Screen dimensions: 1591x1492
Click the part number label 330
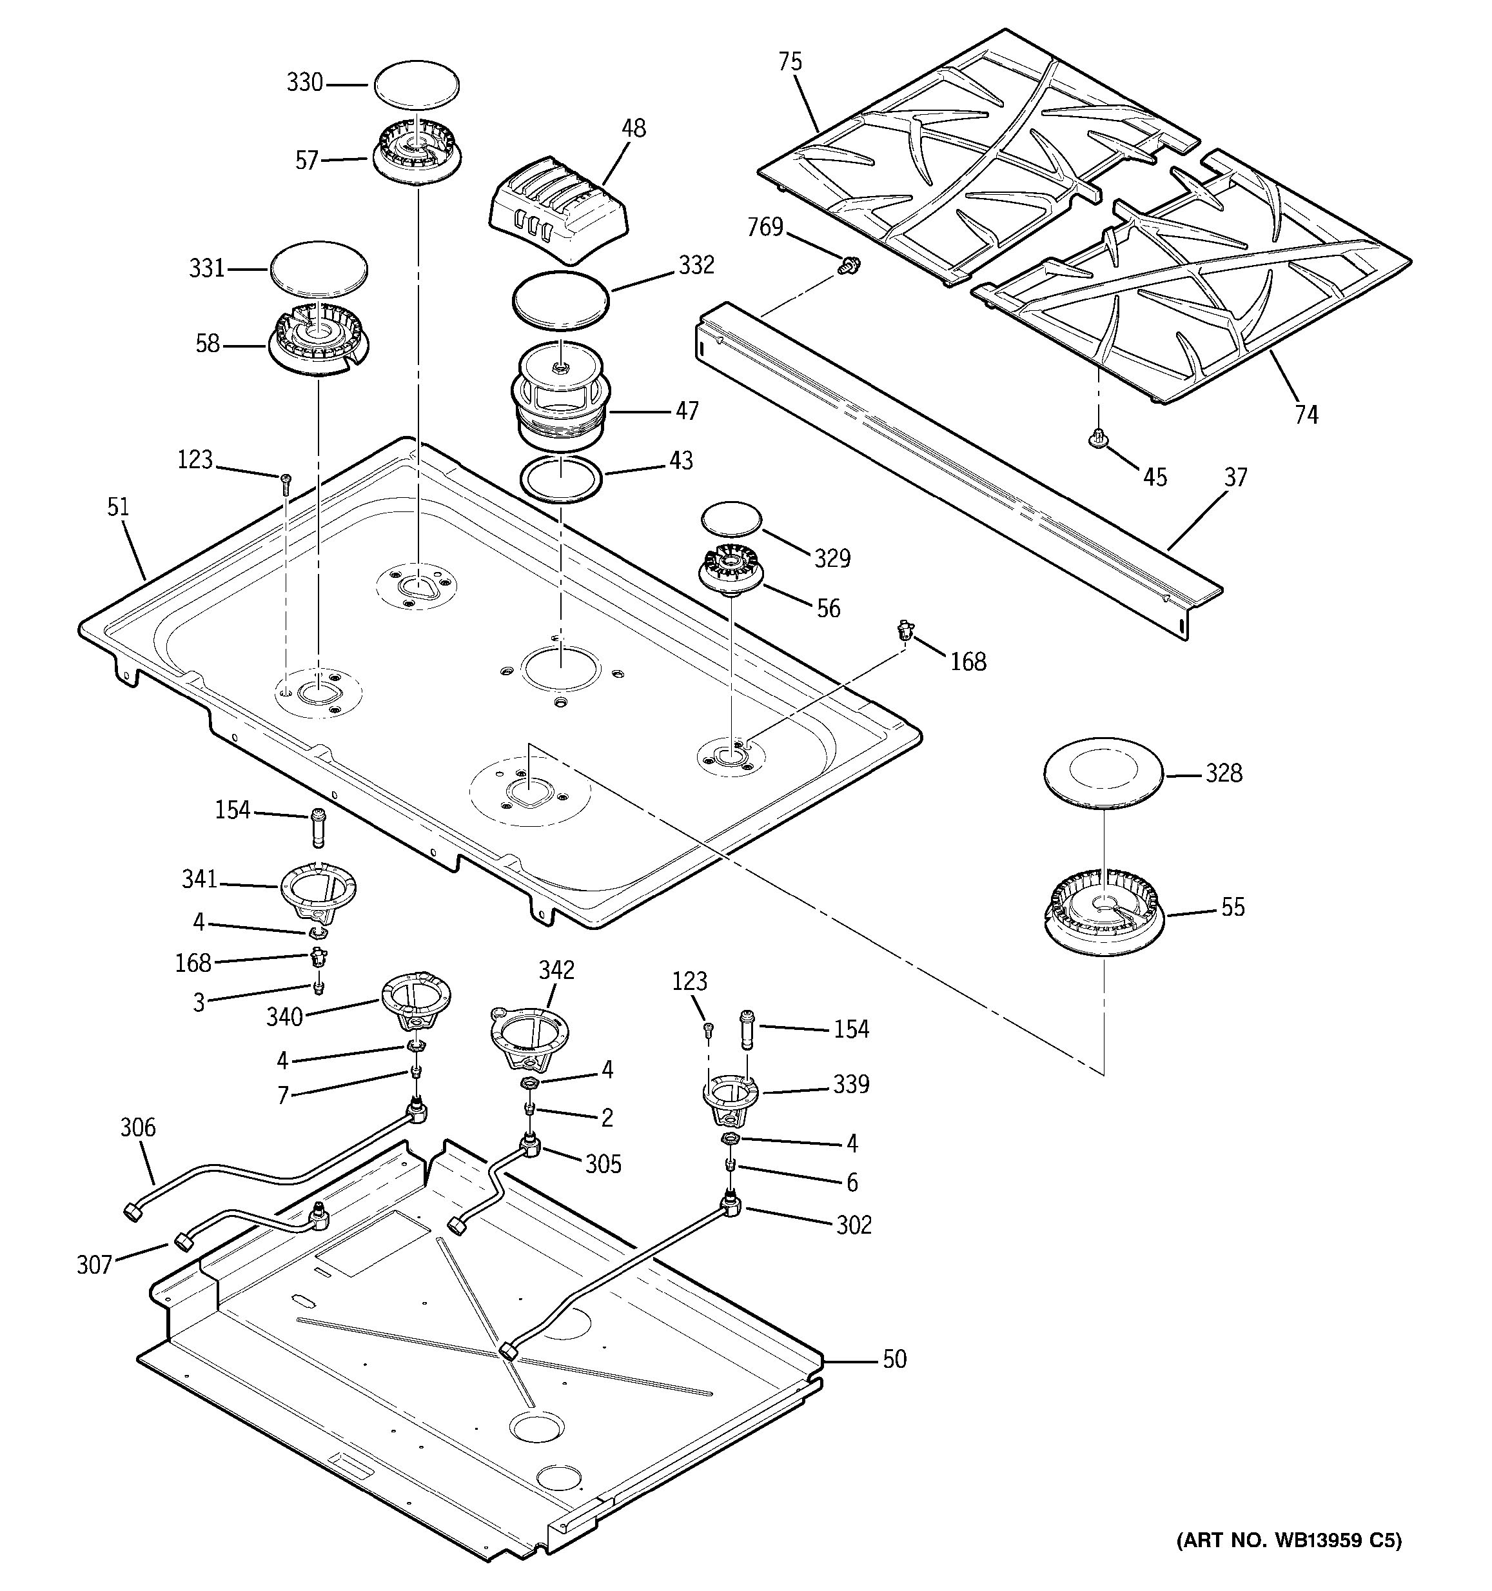pyautogui.click(x=305, y=83)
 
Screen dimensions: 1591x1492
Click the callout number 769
pyautogui.click(x=765, y=228)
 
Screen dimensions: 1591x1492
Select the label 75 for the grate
pyautogui.click(x=790, y=63)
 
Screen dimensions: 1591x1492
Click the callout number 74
pyautogui.click(x=1306, y=415)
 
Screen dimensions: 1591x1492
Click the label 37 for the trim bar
pyautogui.click(x=1235, y=478)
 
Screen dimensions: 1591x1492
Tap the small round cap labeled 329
pyautogui.click(x=731, y=519)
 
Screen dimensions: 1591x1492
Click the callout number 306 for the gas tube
pyautogui.click(x=137, y=1127)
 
